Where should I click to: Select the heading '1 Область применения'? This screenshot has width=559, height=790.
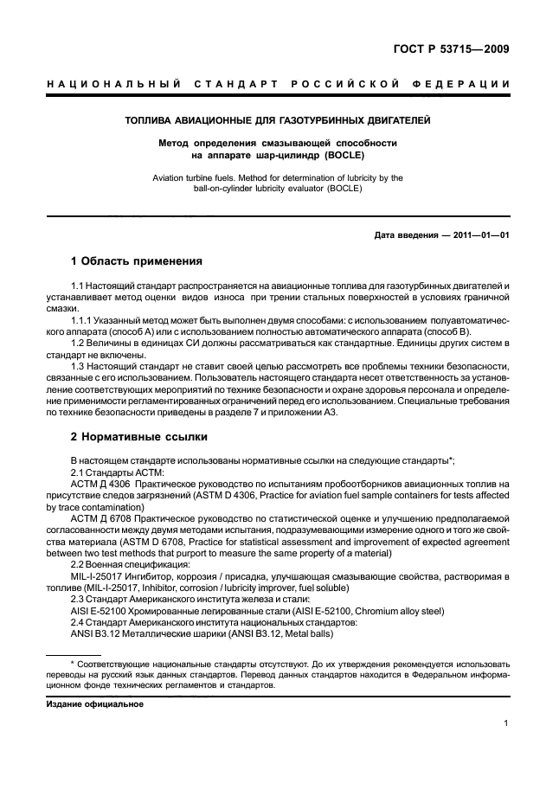[136, 260]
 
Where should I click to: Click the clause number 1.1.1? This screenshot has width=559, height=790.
[83, 318]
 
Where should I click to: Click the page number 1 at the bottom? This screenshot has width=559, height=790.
[504, 727]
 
